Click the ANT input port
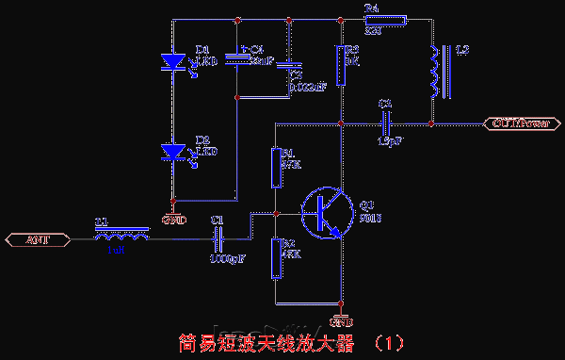tap(38, 239)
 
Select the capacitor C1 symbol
tap(218, 239)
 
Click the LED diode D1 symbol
tap(173, 61)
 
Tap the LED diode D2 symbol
tap(173, 151)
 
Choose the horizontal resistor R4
tap(388, 20)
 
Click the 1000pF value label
tap(228, 257)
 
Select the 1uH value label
tap(116, 251)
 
